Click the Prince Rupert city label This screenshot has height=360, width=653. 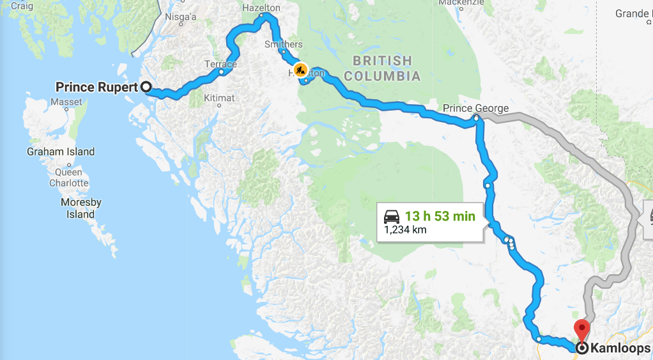tap(96, 86)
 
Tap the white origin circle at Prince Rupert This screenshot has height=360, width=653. tap(146, 86)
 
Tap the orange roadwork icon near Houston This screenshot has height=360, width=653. tap(299, 69)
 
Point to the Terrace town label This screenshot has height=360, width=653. tap(220, 64)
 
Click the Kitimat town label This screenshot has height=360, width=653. tap(219, 98)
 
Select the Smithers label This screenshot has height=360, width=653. tap(284, 44)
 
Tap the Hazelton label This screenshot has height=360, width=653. tap(261, 8)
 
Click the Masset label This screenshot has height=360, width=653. tap(66, 102)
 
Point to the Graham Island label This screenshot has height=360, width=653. tap(61, 152)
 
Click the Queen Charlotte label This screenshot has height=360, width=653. tap(69, 177)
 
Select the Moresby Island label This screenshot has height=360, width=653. tap(81, 208)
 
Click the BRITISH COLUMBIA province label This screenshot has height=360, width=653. tap(382, 68)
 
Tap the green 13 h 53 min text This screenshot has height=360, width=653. tap(440, 216)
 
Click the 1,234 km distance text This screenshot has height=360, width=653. tap(405, 230)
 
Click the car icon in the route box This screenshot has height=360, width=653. tap(392, 216)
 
